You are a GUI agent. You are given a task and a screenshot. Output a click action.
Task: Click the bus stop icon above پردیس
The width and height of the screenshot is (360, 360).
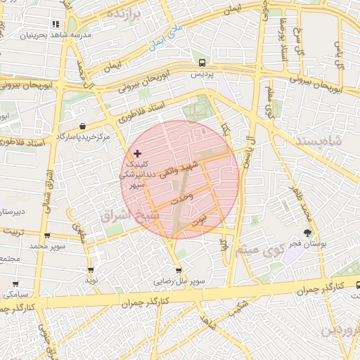(202, 62)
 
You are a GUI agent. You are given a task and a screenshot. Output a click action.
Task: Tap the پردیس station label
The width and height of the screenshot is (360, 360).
(202, 73)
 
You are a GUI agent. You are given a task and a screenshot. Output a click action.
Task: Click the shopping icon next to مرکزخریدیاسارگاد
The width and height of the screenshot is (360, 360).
(83, 127)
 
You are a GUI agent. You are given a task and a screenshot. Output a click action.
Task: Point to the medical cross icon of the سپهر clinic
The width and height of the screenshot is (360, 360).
(137, 153)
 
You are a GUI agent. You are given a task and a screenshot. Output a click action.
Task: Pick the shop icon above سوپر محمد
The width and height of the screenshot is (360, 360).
(47, 236)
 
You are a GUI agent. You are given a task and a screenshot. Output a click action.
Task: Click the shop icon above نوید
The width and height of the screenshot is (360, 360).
(91, 270)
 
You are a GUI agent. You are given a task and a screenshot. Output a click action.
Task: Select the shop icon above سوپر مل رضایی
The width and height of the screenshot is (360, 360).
(179, 270)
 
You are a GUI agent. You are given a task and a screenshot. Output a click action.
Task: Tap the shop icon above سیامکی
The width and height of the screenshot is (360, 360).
(15, 284)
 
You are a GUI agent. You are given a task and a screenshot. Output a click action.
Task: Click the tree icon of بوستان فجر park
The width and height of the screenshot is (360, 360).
(307, 232)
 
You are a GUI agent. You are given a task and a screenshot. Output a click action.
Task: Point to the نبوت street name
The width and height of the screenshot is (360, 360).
(200, 219)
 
